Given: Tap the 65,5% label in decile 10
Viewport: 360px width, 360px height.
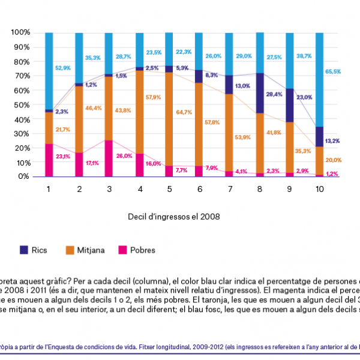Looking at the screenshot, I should click(333, 71).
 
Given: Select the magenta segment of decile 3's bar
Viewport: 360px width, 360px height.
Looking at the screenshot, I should click(109, 158).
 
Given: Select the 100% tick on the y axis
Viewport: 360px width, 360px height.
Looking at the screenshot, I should click(21, 32).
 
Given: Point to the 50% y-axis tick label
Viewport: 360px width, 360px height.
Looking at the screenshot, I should click(23, 104).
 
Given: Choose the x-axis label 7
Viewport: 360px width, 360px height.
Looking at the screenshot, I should click(229, 188).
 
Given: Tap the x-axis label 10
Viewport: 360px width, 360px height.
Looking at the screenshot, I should click(319, 188).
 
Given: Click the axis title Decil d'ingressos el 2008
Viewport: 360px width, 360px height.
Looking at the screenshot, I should click(169, 216).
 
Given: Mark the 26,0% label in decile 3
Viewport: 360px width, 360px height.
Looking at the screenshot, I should click(124, 155).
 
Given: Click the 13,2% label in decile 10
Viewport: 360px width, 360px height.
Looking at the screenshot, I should click(333, 141).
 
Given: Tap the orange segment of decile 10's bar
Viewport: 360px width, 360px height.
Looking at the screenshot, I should click(319, 160).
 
